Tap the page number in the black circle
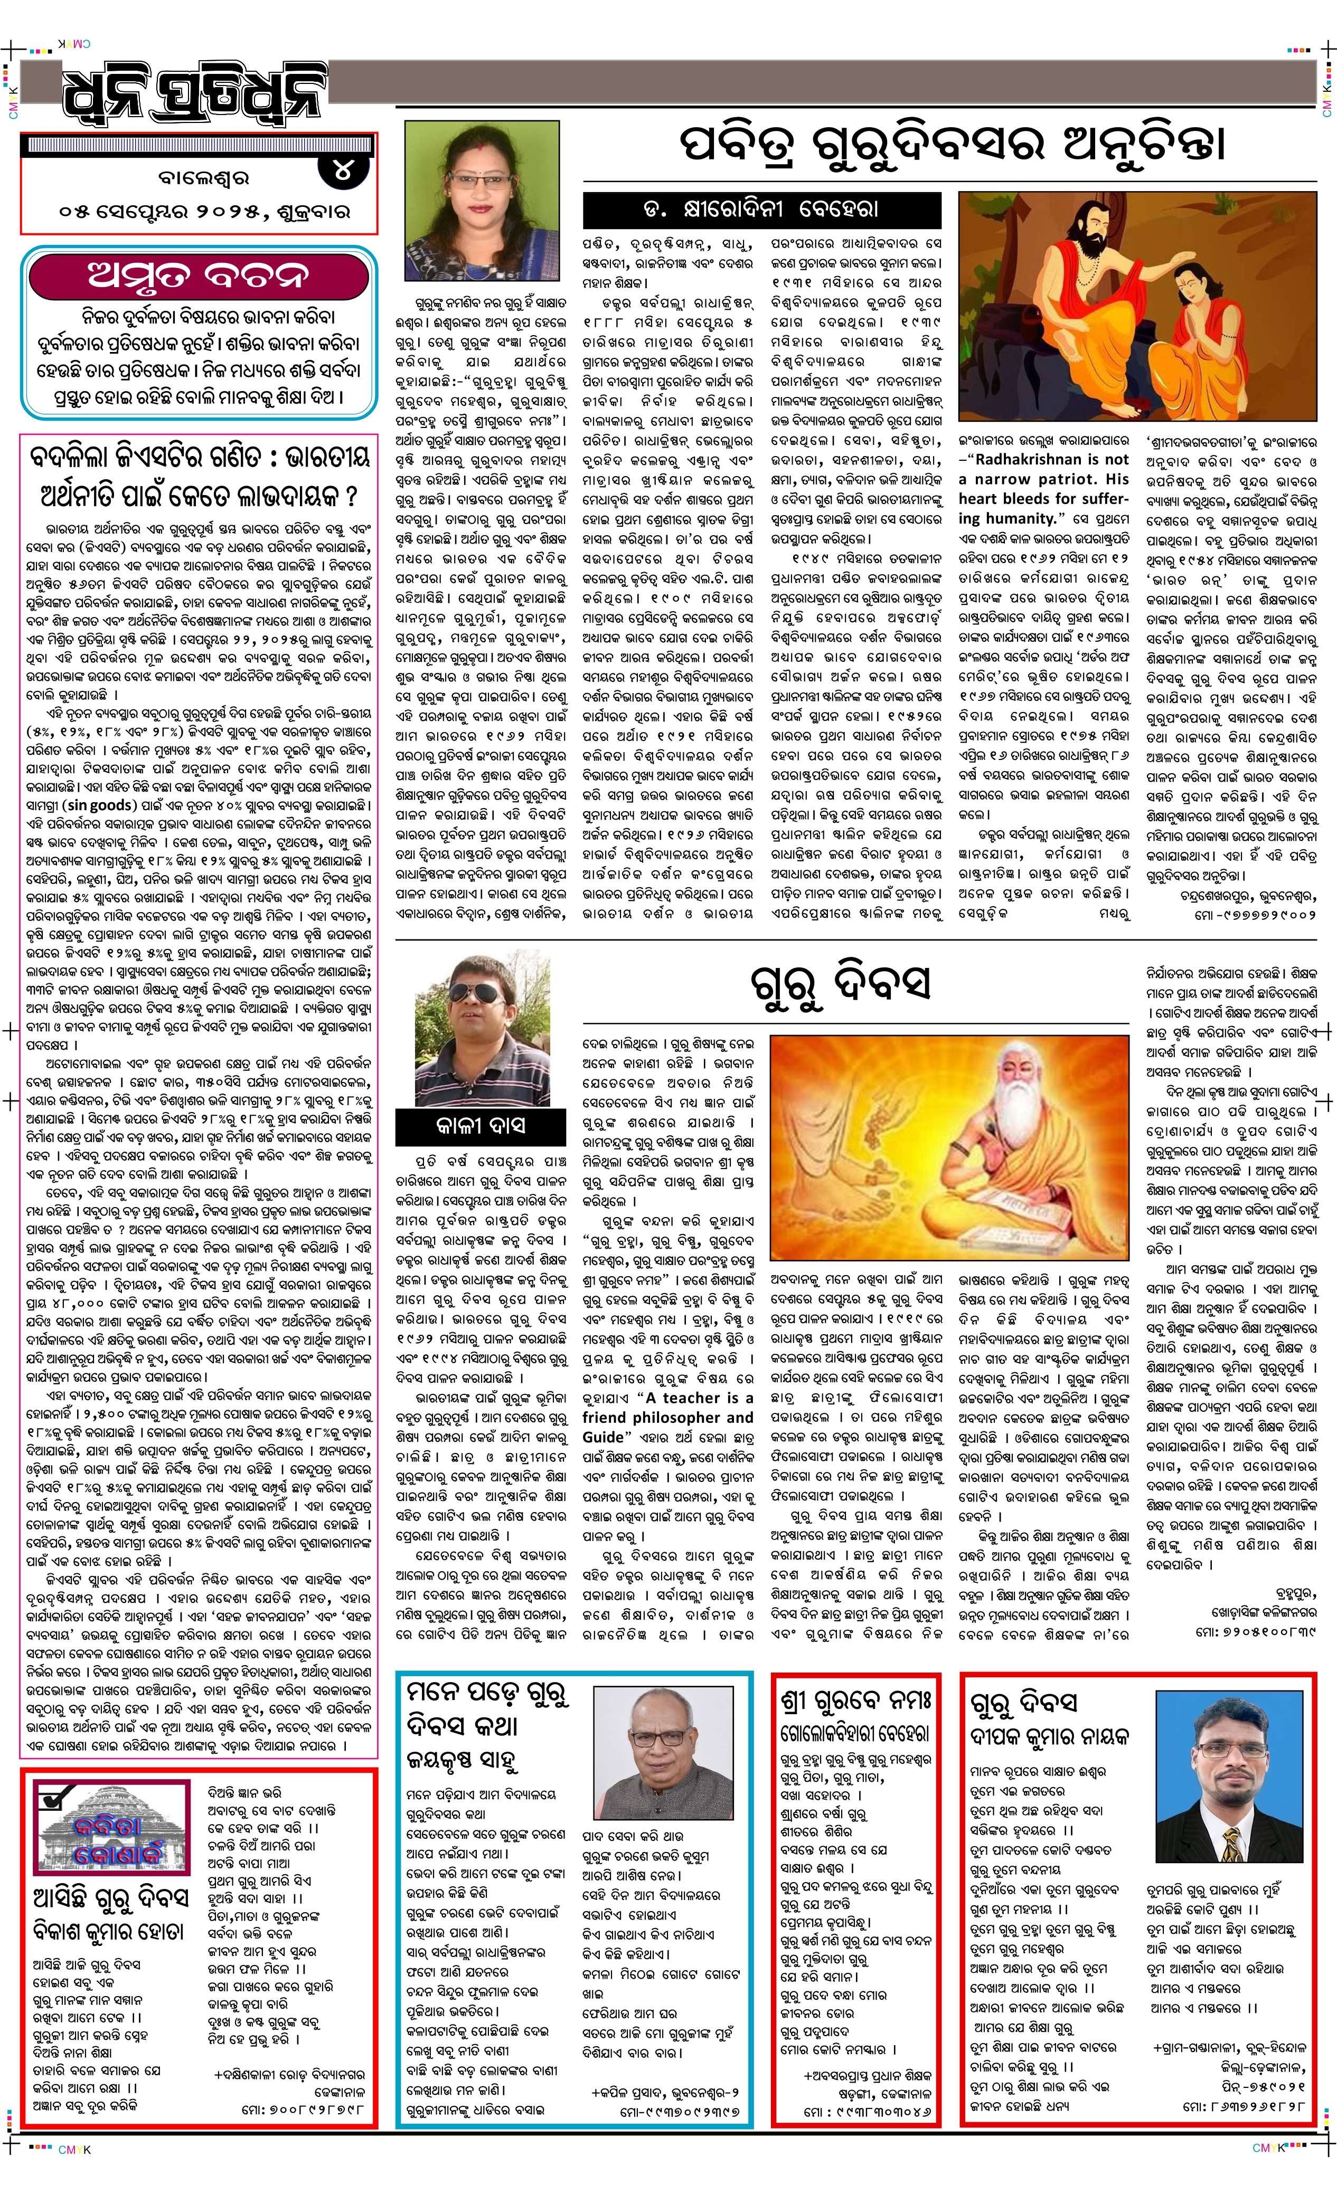tap(342, 171)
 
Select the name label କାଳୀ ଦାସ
tap(481, 1126)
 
